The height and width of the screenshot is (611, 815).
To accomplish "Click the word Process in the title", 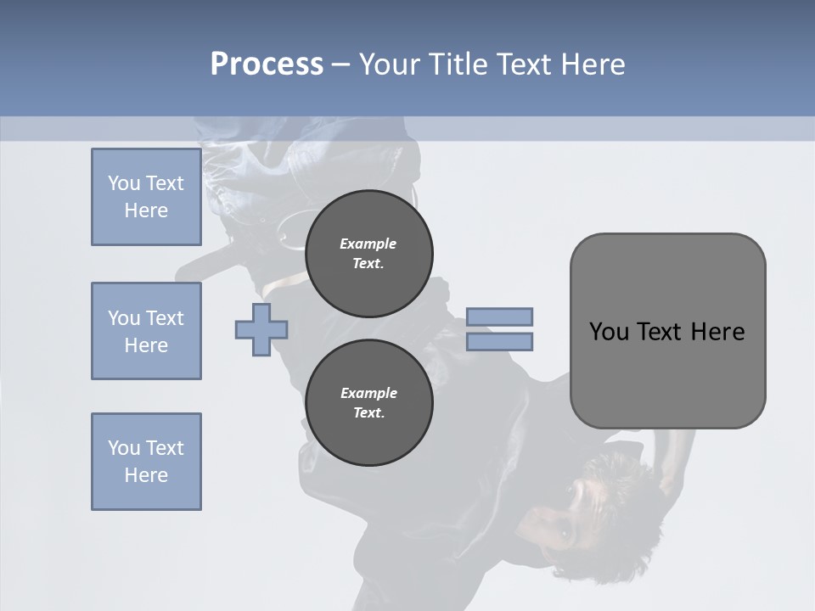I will click(267, 64).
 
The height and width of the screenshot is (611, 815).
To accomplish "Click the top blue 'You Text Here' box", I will click(146, 197).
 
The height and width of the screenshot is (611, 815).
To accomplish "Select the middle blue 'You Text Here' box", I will click(146, 331).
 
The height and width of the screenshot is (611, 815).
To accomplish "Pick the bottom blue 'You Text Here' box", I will click(146, 462).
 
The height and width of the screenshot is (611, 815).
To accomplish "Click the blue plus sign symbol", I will click(261, 330).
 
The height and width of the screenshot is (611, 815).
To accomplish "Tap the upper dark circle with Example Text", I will click(368, 254).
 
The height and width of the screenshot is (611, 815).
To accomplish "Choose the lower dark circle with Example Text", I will click(368, 403).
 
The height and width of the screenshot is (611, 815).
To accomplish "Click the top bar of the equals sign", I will click(499, 317).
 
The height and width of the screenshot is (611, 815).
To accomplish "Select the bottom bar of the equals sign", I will click(499, 342).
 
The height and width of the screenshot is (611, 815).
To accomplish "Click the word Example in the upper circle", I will click(368, 244).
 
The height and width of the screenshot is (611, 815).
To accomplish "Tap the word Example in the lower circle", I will click(368, 393).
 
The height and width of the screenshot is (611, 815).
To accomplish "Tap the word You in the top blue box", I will click(123, 183).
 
